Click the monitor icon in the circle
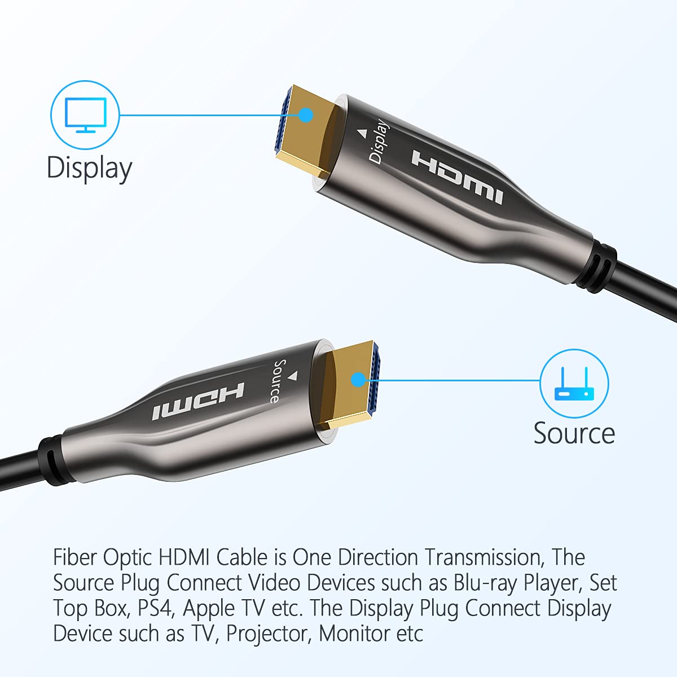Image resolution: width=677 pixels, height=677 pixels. click(x=85, y=115)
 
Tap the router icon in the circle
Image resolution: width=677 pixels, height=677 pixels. click(x=574, y=384)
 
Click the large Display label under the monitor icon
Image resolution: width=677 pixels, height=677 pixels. click(x=89, y=168)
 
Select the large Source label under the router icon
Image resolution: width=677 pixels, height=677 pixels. click(x=574, y=433)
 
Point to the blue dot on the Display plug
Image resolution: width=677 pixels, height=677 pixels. click(x=306, y=115)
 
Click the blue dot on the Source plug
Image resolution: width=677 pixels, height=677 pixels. click(x=358, y=379)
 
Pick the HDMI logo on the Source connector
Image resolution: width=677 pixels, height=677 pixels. click(x=198, y=401)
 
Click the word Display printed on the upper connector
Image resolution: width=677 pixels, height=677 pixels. click(x=379, y=142)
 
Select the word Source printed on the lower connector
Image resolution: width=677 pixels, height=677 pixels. click(x=278, y=381)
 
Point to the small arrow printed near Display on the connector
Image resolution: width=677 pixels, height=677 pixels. click(x=362, y=134)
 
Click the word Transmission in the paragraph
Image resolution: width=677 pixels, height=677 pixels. click(x=484, y=557)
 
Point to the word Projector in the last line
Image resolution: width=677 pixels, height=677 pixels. click(x=267, y=634)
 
